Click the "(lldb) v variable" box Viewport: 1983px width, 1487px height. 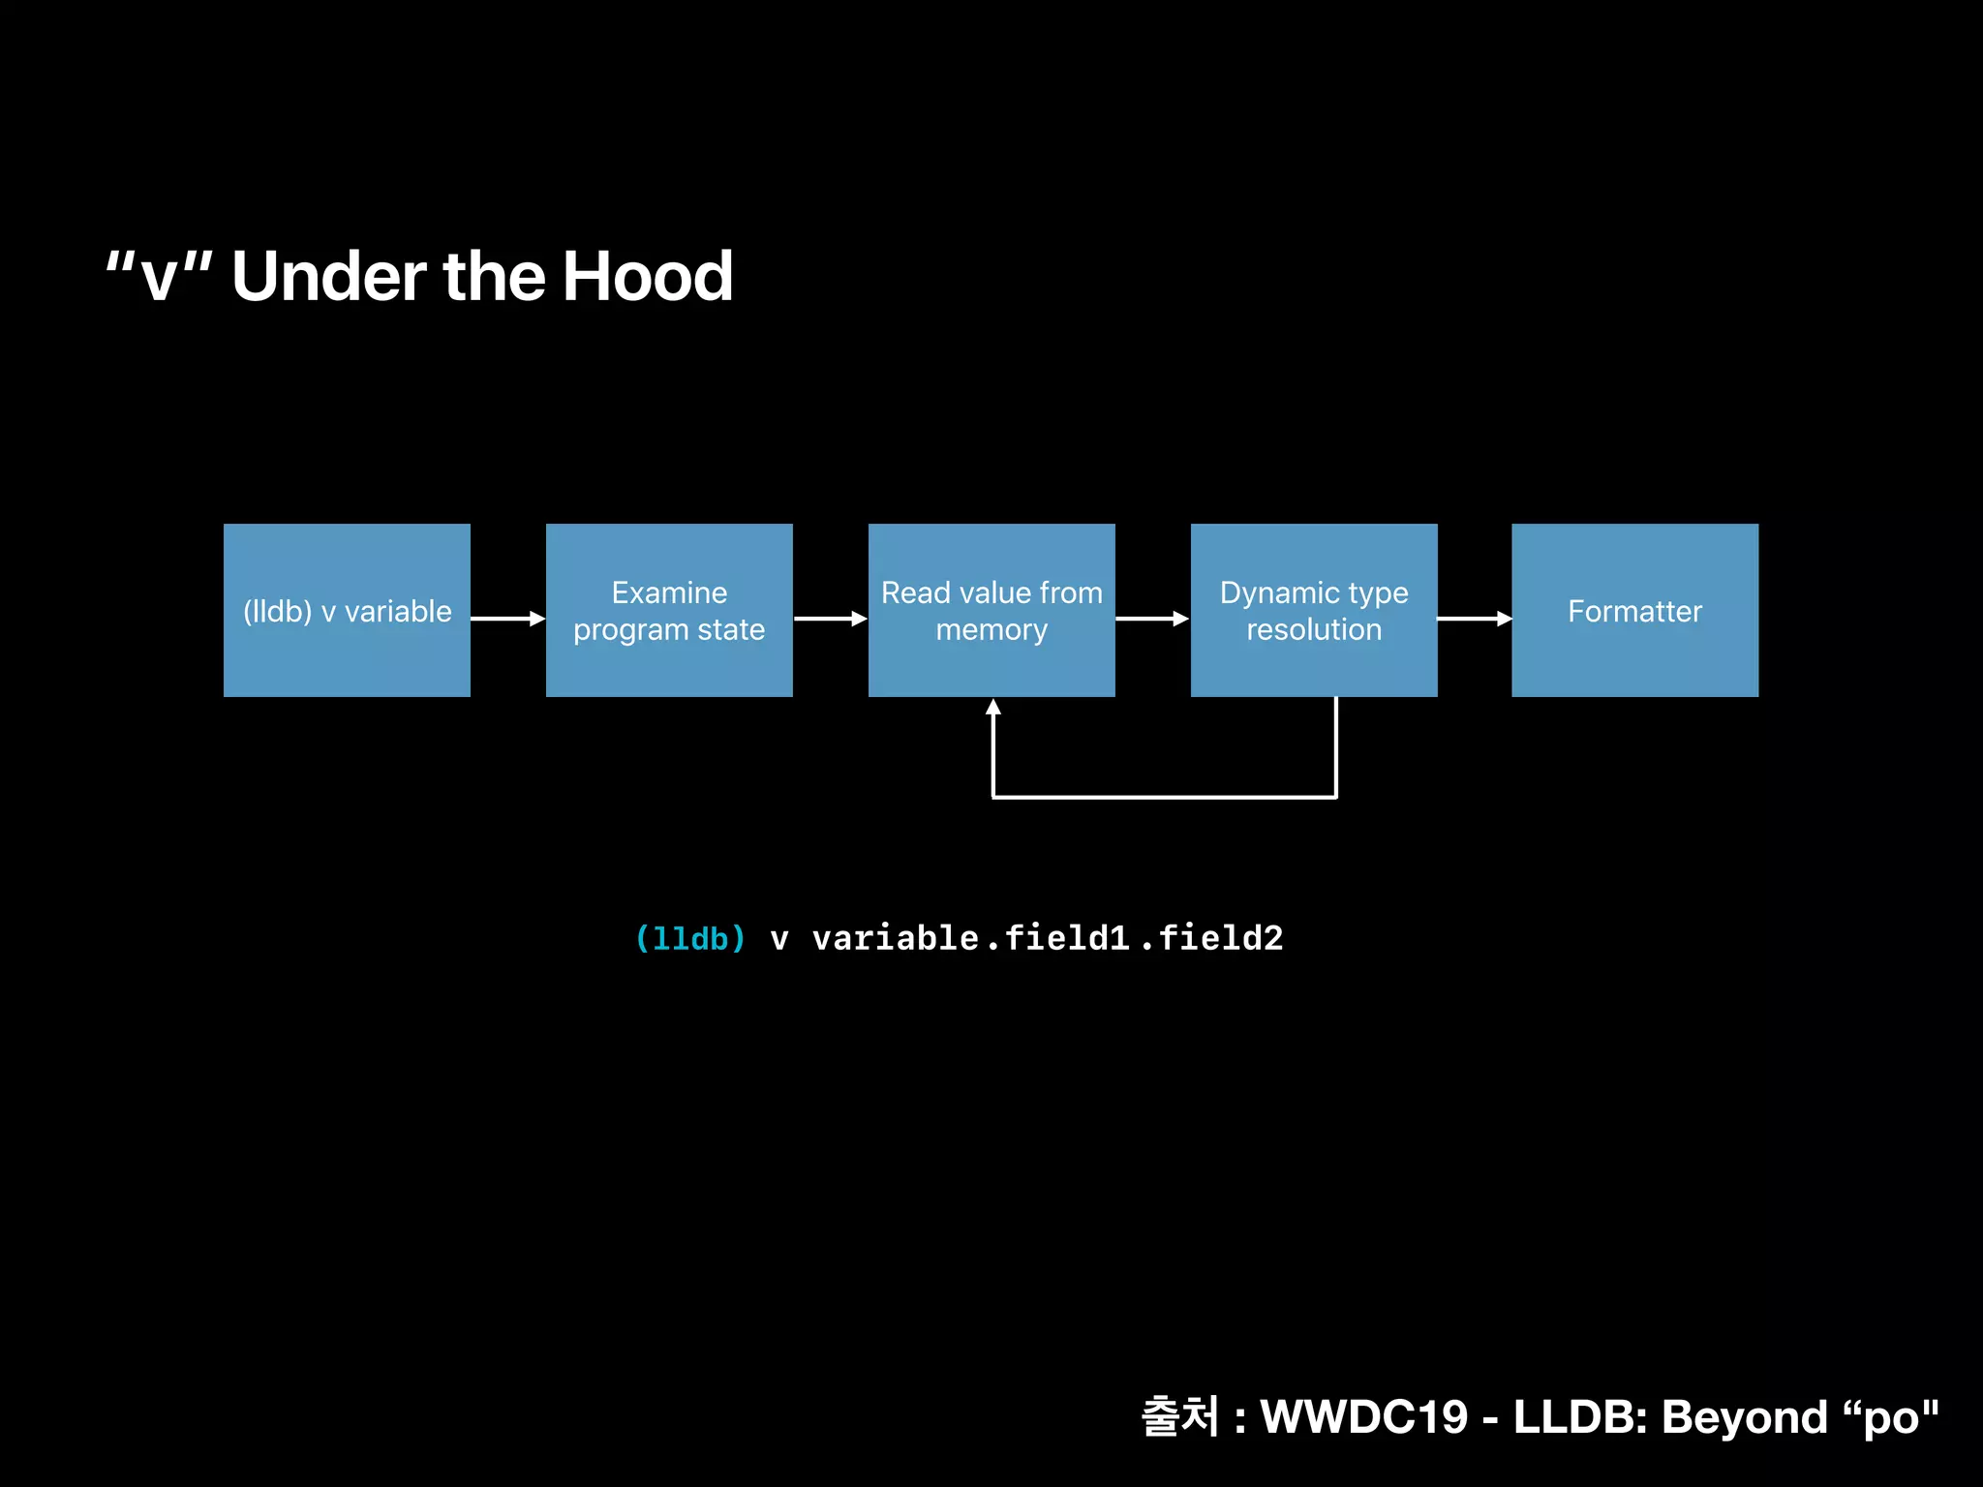tap(347, 610)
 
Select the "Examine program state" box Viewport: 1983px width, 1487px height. tap(669, 610)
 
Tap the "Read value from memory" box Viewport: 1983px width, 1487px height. tap(991, 610)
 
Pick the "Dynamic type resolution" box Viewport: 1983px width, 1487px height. tap(1314, 610)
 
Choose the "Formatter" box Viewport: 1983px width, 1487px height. tap(1634, 610)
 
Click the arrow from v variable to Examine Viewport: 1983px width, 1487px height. tap(508, 619)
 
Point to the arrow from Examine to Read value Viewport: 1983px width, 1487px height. tap(831, 619)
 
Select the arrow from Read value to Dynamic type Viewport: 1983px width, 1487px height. tap(1152, 619)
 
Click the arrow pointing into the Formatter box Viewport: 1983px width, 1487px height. tap(1475, 619)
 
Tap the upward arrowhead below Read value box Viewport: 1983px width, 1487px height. tap(993, 708)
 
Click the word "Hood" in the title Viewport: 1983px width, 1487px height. tap(648, 277)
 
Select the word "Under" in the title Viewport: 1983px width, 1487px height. tap(328, 277)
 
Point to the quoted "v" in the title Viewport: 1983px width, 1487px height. tap(159, 277)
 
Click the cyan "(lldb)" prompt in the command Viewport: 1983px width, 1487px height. tap(690, 938)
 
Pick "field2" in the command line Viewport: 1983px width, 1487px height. tap(1220, 938)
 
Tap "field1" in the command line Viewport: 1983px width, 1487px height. tap(1066, 938)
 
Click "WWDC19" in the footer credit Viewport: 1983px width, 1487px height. tap(1364, 1417)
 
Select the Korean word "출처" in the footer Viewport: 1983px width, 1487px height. tap(1180, 1417)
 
